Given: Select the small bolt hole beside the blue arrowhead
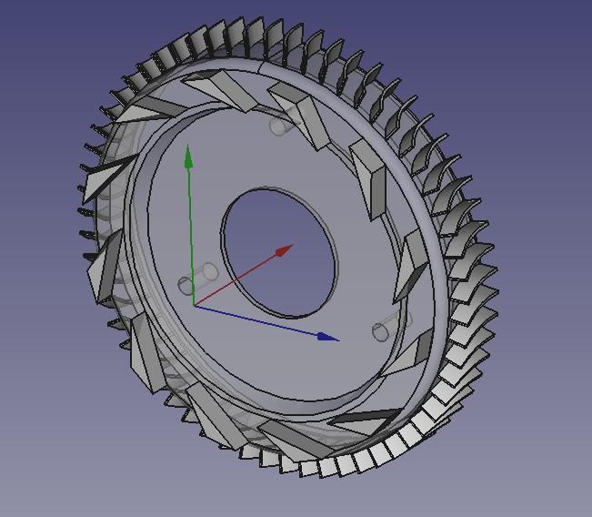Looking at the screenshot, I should [x=381, y=332].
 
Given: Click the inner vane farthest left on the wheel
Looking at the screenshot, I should [x=102, y=269].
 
